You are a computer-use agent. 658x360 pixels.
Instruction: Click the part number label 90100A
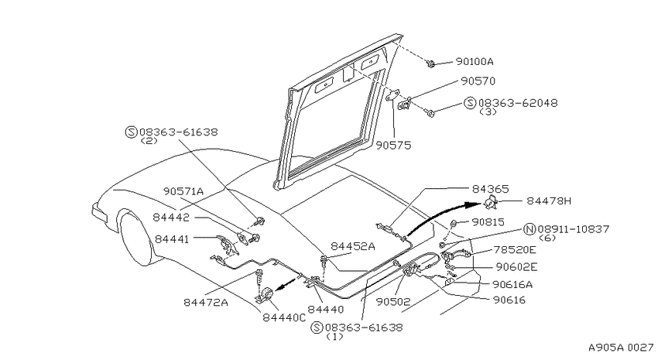475,62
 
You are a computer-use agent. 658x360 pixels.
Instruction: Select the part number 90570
478,81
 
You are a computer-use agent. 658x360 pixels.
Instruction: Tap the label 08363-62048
518,103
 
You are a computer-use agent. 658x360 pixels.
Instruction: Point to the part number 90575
393,146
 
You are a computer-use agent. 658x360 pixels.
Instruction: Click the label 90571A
183,191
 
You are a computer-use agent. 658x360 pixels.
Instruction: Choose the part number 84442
171,218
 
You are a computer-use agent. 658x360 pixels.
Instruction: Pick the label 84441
172,238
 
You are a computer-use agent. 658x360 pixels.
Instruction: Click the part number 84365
491,189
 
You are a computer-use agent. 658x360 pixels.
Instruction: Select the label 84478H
549,201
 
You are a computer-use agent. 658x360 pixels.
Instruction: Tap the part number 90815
488,222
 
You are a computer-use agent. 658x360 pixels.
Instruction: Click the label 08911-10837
573,229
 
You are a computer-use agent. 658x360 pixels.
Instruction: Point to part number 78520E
515,249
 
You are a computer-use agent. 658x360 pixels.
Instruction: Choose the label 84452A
353,246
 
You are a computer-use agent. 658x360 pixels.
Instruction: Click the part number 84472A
206,302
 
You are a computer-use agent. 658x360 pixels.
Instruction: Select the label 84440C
284,317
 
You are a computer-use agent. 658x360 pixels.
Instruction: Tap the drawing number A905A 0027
621,348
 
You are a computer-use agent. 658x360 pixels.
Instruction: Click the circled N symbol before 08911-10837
530,229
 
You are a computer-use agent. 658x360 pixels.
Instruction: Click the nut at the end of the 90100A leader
430,64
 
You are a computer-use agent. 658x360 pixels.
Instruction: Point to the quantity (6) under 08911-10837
547,238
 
